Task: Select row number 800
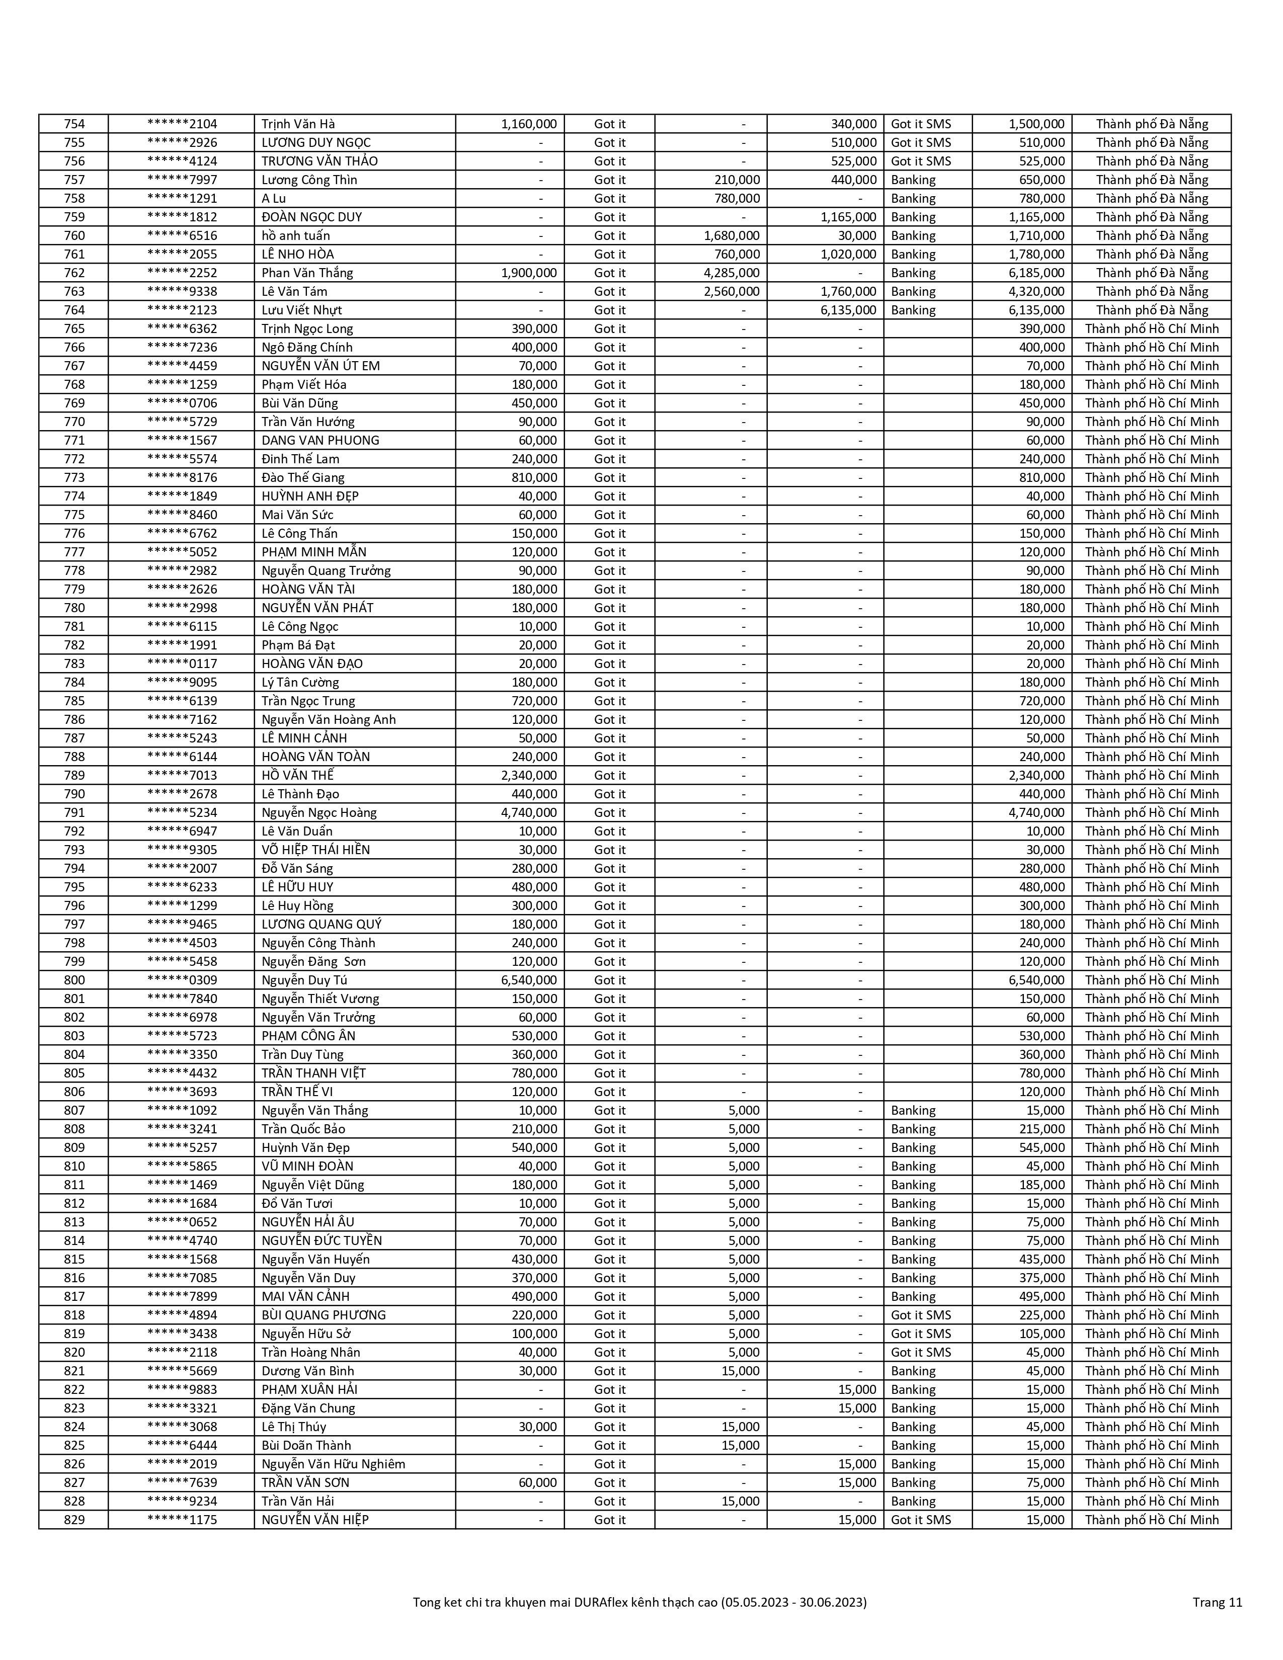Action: coord(74,980)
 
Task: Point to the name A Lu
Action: coord(274,198)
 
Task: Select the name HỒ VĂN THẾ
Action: coord(298,775)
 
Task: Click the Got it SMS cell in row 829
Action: coord(920,1519)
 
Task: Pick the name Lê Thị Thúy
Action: coord(294,1427)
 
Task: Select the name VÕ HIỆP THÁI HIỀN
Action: coord(315,850)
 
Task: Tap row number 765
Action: coord(74,328)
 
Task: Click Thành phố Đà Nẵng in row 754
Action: coord(1152,124)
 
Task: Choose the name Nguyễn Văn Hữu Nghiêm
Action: coord(334,1464)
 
